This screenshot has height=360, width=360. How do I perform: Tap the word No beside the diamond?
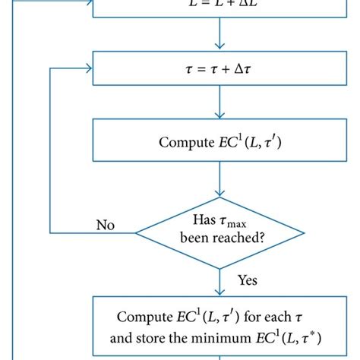tap(106, 225)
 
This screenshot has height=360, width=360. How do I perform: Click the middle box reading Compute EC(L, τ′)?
tap(219, 141)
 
